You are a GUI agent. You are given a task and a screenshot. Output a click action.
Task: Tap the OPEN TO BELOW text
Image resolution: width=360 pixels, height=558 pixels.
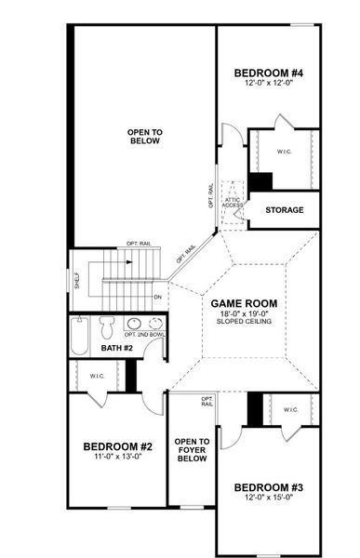144,138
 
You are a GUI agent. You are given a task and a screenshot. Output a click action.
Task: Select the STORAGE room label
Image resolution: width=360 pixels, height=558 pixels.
284,210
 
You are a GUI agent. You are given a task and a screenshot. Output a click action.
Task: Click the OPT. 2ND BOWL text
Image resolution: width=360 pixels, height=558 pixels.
143,334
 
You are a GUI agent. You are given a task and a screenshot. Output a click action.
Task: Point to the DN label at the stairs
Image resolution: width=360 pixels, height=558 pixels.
157,297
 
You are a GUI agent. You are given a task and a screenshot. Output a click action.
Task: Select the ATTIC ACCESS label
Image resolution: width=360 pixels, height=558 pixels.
233,201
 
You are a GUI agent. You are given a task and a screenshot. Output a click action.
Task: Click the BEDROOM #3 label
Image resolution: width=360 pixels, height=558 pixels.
267,488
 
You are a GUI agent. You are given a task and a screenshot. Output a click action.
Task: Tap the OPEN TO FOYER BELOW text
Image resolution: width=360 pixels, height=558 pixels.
192,450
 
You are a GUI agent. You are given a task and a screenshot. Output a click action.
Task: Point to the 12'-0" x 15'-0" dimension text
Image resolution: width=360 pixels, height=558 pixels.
267,498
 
